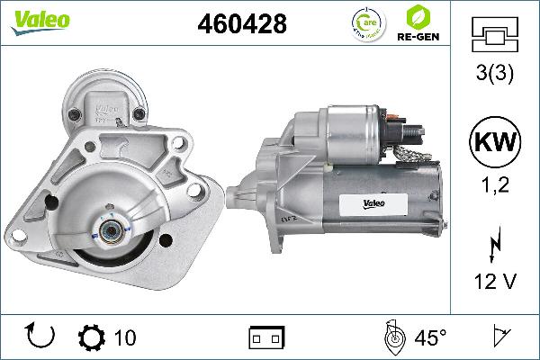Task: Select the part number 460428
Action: [x=241, y=25]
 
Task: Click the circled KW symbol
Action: [x=494, y=141]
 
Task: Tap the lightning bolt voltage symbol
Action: [x=495, y=243]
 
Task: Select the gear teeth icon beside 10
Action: [x=91, y=337]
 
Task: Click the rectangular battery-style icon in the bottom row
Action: [x=266, y=337]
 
